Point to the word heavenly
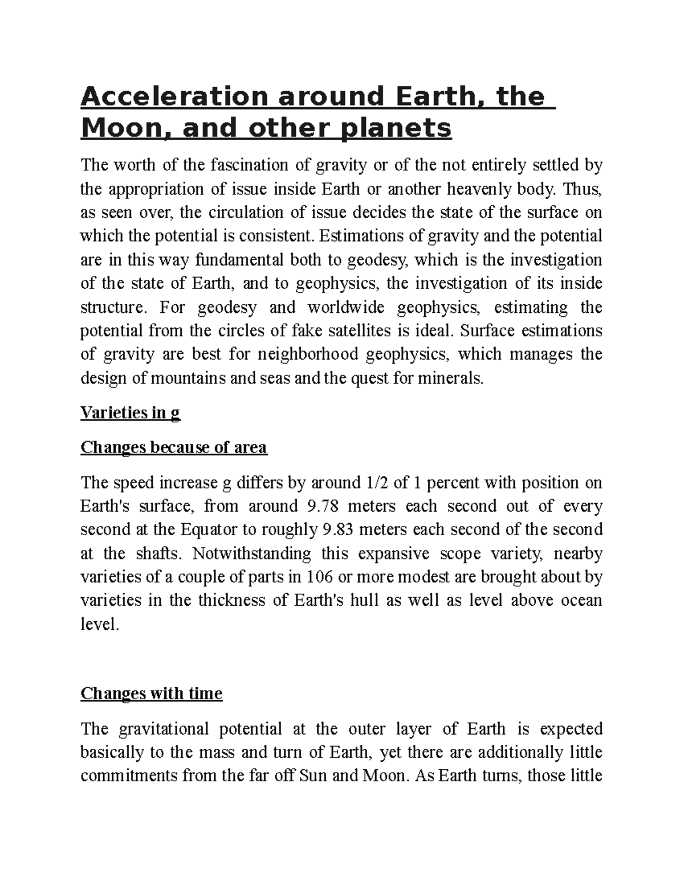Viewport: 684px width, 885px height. click(480, 189)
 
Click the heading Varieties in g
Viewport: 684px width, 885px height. click(131, 413)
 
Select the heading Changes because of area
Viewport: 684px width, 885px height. click(174, 447)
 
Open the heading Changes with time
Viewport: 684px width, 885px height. click(152, 694)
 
